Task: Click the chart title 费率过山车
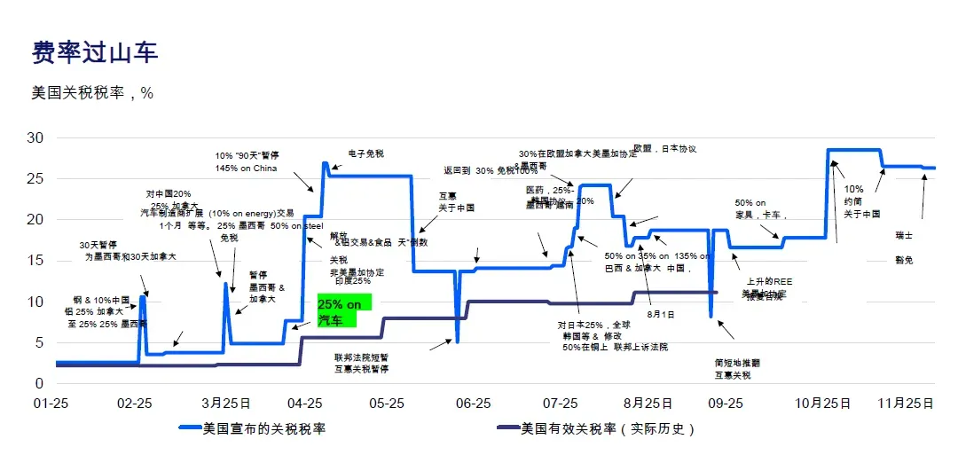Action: coord(95,52)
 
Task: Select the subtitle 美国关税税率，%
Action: coord(92,92)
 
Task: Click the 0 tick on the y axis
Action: coord(38,383)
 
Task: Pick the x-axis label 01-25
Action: coord(51,404)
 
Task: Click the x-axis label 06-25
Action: coord(473,404)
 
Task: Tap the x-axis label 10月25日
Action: coord(822,404)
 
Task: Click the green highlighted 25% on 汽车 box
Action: coord(342,312)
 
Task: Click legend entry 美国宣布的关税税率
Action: coord(263,429)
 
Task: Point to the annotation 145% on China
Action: coord(246,169)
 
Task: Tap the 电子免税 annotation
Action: coord(365,153)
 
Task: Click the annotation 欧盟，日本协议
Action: coord(665,149)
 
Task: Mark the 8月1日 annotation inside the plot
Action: coord(661,315)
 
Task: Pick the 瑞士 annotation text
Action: coord(904,236)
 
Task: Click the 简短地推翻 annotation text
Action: coord(737,363)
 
